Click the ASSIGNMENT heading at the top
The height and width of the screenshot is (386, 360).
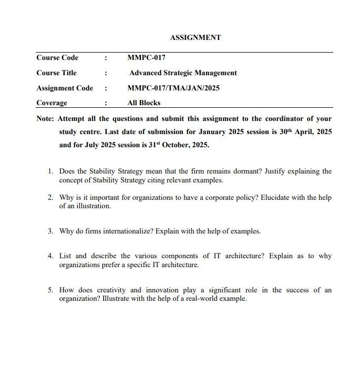(196, 38)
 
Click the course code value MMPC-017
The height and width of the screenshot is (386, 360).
(146, 58)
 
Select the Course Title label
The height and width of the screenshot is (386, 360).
(56, 73)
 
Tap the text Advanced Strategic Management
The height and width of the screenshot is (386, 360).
(183, 73)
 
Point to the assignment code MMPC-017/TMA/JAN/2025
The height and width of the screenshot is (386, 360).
(173, 88)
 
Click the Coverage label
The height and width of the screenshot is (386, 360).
(52, 103)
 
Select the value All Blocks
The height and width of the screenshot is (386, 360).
(143, 103)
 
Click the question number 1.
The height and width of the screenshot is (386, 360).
(50, 171)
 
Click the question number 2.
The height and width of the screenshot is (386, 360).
(50, 198)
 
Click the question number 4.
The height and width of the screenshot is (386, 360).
(50, 256)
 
